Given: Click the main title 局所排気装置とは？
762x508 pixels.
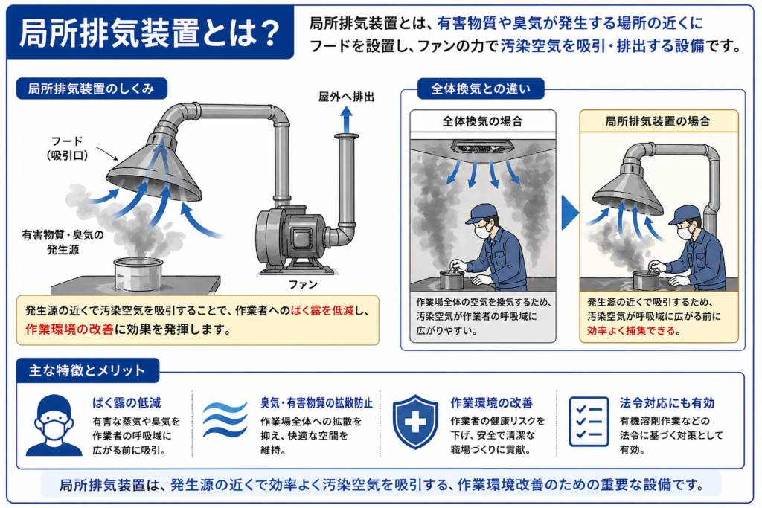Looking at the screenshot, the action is click(x=150, y=33).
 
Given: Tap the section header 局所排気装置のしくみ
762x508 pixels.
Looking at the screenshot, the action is click(x=92, y=89).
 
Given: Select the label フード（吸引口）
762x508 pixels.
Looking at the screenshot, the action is click(x=67, y=148).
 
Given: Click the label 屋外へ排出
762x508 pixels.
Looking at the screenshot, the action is click(x=346, y=97).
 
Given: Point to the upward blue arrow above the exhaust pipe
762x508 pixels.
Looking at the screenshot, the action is click(x=346, y=120).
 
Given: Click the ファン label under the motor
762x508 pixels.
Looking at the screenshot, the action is click(x=303, y=285).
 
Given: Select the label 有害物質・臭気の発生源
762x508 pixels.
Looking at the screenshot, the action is click(x=63, y=242).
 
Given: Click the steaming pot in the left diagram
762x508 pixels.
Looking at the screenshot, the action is click(x=138, y=274).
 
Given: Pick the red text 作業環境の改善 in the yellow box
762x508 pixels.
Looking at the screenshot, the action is click(x=69, y=329).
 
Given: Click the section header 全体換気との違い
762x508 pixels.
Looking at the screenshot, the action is click(x=481, y=89).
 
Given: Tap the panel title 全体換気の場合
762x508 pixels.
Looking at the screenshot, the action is click(x=482, y=121).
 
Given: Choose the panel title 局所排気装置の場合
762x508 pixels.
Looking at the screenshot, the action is click(x=658, y=121).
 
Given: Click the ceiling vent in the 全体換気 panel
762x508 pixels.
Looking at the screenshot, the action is click(x=482, y=147).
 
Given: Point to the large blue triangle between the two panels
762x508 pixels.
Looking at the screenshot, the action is click(x=569, y=212).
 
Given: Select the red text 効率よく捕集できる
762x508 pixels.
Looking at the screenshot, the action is click(x=631, y=331).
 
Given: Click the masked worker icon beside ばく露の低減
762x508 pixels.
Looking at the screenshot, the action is click(x=54, y=425).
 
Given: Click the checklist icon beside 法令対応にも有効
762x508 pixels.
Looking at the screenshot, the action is click(x=589, y=422).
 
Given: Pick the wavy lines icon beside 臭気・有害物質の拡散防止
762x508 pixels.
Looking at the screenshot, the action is click(x=225, y=419).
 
